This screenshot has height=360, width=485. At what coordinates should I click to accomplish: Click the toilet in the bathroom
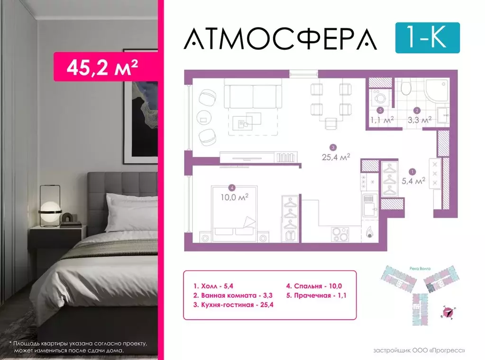[406, 88]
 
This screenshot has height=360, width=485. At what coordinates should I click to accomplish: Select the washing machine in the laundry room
[380, 99]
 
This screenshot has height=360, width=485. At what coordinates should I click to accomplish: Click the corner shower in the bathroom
[437, 91]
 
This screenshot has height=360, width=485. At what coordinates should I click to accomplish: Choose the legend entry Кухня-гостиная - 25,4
[233, 305]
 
